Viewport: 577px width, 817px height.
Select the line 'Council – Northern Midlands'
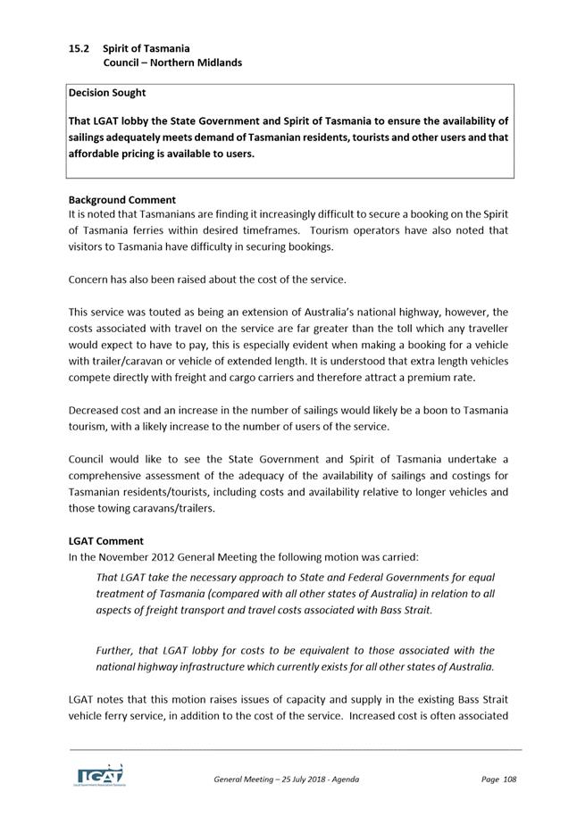tap(171, 63)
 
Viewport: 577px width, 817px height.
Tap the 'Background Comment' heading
tap(122, 200)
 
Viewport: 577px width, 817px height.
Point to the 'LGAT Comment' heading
tap(105, 541)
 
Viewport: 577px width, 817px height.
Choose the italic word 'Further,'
tap(116, 651)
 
